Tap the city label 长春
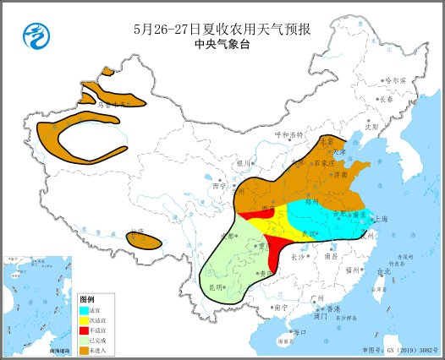[386, 99]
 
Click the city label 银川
[244, 162]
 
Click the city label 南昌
[338, 254]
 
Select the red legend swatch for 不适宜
[84, 330]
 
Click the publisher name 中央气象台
[222, 44]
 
